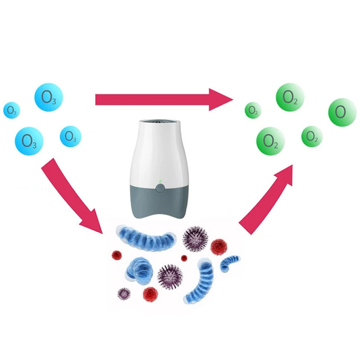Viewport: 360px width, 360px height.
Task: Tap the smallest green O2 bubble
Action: point(252,110)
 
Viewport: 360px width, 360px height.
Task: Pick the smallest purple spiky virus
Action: point(124,294)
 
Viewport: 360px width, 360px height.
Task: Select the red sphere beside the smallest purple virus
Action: point(150,294)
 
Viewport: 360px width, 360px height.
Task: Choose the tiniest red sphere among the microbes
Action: point(184,258)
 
